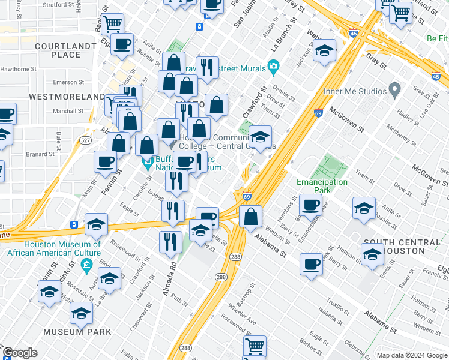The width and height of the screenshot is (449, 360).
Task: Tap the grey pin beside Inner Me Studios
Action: [x=394, y=91]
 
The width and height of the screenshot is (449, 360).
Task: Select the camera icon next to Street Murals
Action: [x=274, y=66]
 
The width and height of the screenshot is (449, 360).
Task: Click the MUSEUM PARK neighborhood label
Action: [x=77, y=332]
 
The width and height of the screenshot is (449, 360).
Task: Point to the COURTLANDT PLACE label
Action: [x=58, y=50]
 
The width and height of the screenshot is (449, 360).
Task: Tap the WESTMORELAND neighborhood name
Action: [x=67, y=97]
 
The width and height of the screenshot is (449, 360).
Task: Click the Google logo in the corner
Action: [x=20, y=353]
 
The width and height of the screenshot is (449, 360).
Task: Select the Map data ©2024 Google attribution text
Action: [x=412, y=355]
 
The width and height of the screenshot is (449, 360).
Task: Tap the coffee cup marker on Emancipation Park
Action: [x=310, y=205]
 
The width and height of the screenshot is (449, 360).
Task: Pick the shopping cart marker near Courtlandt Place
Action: [x=112, y=25]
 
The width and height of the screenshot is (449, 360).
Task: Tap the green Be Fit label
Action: [x=438, y=38]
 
